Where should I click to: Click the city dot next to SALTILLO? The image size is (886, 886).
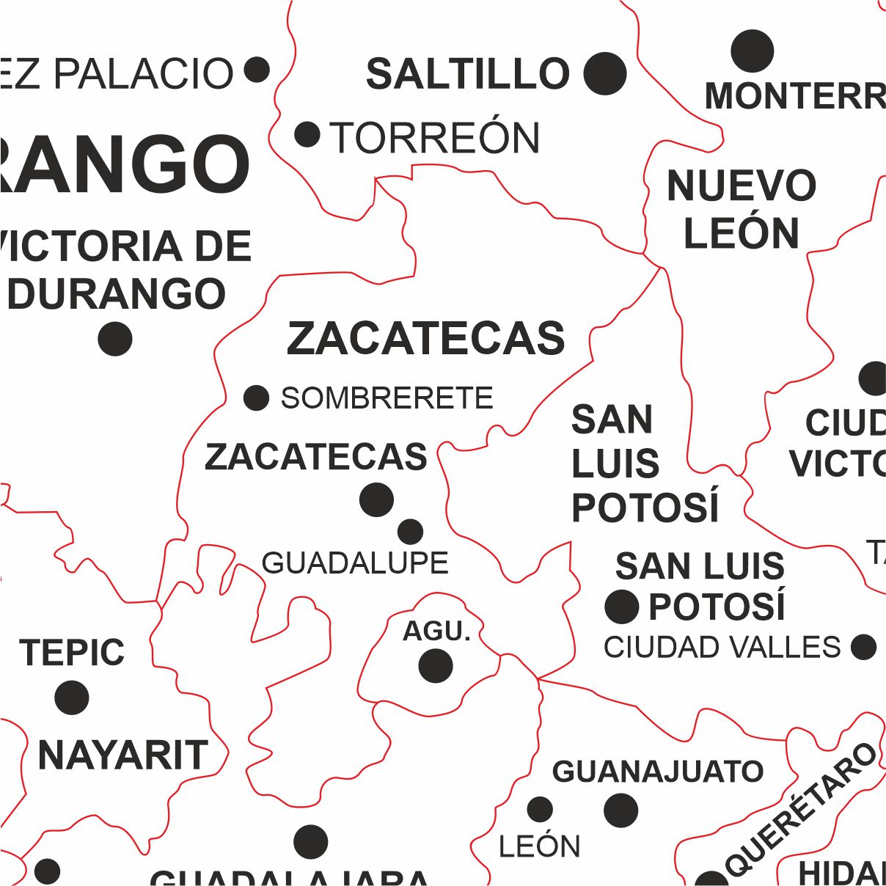coord(605,74)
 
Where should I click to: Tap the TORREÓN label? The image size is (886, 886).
coord(435,138)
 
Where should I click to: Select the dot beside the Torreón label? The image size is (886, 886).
coord(307,135)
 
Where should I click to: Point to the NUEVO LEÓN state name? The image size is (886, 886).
coord(742,209)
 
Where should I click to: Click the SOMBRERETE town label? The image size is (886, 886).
coord(387,398)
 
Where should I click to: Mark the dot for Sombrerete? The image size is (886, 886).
coord(256,398)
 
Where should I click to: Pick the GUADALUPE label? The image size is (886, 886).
coord(355,563)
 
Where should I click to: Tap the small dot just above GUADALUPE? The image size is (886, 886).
coord(410,531)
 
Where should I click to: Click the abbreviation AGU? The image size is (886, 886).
coord(436,631)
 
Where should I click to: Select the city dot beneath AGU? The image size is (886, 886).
coord(436,666)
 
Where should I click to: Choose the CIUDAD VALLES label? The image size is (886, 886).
coord(722,648)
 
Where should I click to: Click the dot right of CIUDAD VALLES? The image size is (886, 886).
coord(864,647)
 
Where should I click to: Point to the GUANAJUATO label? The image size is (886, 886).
coord(658,772)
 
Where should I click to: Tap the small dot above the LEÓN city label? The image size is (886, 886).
coord(540,810)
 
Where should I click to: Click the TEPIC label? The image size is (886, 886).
coord(73,653)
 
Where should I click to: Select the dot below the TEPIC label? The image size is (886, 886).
coord(72,697)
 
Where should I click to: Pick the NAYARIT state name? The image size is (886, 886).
coord(122,755)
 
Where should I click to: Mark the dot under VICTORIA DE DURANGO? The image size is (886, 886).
coord(115,339)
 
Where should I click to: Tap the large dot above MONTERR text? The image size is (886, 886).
coord(753,51)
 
